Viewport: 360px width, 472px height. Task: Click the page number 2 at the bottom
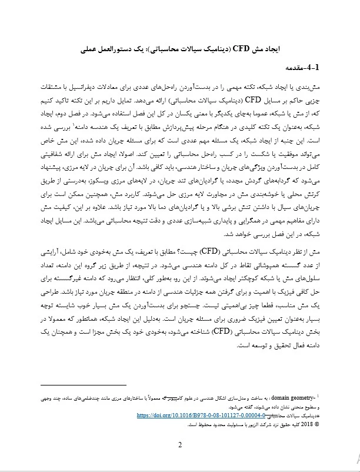tap(180, 444)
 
